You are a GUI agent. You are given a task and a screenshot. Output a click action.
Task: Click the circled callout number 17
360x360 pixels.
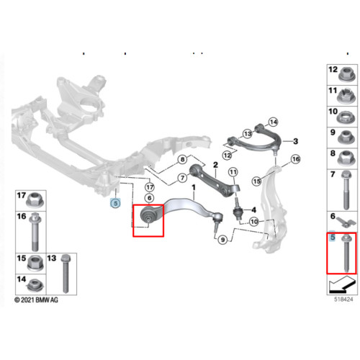[150, 187]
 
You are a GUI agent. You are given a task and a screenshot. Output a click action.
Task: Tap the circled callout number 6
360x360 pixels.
[149, 198]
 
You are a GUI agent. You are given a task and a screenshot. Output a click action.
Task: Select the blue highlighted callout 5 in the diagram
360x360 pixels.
[115, 203]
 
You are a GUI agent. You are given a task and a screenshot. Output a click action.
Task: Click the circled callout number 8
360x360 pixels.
[183, 159]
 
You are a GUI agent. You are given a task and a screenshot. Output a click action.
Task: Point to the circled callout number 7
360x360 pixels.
[183, 178]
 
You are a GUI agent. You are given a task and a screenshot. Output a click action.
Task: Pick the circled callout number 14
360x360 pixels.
[274, 122]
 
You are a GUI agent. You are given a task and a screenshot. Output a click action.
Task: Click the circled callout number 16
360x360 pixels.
[296, 159]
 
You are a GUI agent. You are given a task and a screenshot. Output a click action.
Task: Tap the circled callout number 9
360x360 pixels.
[223, 240]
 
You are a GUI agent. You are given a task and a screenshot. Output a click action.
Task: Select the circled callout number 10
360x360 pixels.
[254, 222]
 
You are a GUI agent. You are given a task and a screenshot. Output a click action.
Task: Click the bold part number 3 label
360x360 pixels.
[296, 141]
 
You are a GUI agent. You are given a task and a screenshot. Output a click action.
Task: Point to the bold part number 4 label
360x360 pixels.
[253, 210]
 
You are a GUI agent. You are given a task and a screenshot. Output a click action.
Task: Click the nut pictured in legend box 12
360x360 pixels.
[346, 74]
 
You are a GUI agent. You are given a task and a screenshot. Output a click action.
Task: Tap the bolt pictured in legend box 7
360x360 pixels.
[346, 190]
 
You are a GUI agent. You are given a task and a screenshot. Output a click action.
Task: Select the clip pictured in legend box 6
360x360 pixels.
[346, 222]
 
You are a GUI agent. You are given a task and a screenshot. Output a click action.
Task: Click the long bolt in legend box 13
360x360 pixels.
[66, 274]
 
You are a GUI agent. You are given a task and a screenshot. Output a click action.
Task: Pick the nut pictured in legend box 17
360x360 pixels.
[35, 200]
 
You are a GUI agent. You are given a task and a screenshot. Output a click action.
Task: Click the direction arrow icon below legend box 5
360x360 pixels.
[342, 284]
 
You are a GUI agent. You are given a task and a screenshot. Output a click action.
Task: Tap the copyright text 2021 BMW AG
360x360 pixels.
[36, 300]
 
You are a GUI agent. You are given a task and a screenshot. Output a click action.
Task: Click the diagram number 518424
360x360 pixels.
[343, 300]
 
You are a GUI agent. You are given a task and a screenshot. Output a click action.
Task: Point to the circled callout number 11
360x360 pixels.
[233, 172]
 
